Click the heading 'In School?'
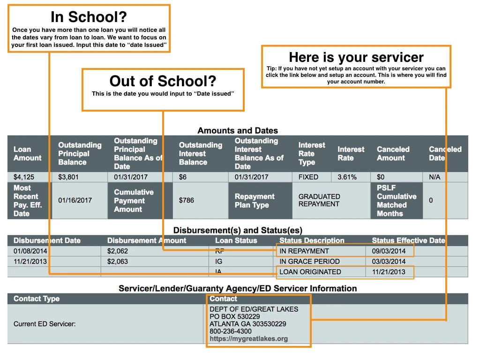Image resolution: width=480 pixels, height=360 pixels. pyautogui.click(x=89, y=17)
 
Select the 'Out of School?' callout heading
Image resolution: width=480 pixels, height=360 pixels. pyautogui.click(x=163, y=81)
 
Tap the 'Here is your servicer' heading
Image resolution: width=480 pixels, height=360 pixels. pyautogui.click(x=356, y=57)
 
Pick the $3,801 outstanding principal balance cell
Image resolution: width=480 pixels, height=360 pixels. pyautogui.click(x=68, y=177)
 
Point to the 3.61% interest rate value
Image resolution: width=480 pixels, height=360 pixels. pyautogui.click(x=347, y=177)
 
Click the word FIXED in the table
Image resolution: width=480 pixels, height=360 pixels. pyautogui.click(x=308, y=177)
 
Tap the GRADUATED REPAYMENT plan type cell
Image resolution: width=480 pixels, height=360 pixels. pyautogui.click(x=319, y=200)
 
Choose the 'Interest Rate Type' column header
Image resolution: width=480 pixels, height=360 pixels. pyautogui.click(x=312, y=154)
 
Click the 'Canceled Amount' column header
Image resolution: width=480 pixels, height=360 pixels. pyautogui.click(x=393, y=154)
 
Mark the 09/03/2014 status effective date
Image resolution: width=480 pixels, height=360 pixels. pyautogui.click(x=389, y=251)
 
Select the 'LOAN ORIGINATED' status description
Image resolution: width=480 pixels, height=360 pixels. pyautogui.click(x=310, y=272)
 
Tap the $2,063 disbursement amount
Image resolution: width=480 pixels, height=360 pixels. pyautogui.click(x=118, y=262)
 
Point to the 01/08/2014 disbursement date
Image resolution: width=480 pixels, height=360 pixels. pyautogui.click(x=30, y=251)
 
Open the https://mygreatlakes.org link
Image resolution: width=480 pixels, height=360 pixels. pyautogui.click(x=248, y=338)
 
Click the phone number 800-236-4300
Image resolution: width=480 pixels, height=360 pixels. pyautogui.click(x=230, y=331)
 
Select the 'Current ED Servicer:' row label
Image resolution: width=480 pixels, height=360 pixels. pyautogui.click(x=42, y=323)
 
